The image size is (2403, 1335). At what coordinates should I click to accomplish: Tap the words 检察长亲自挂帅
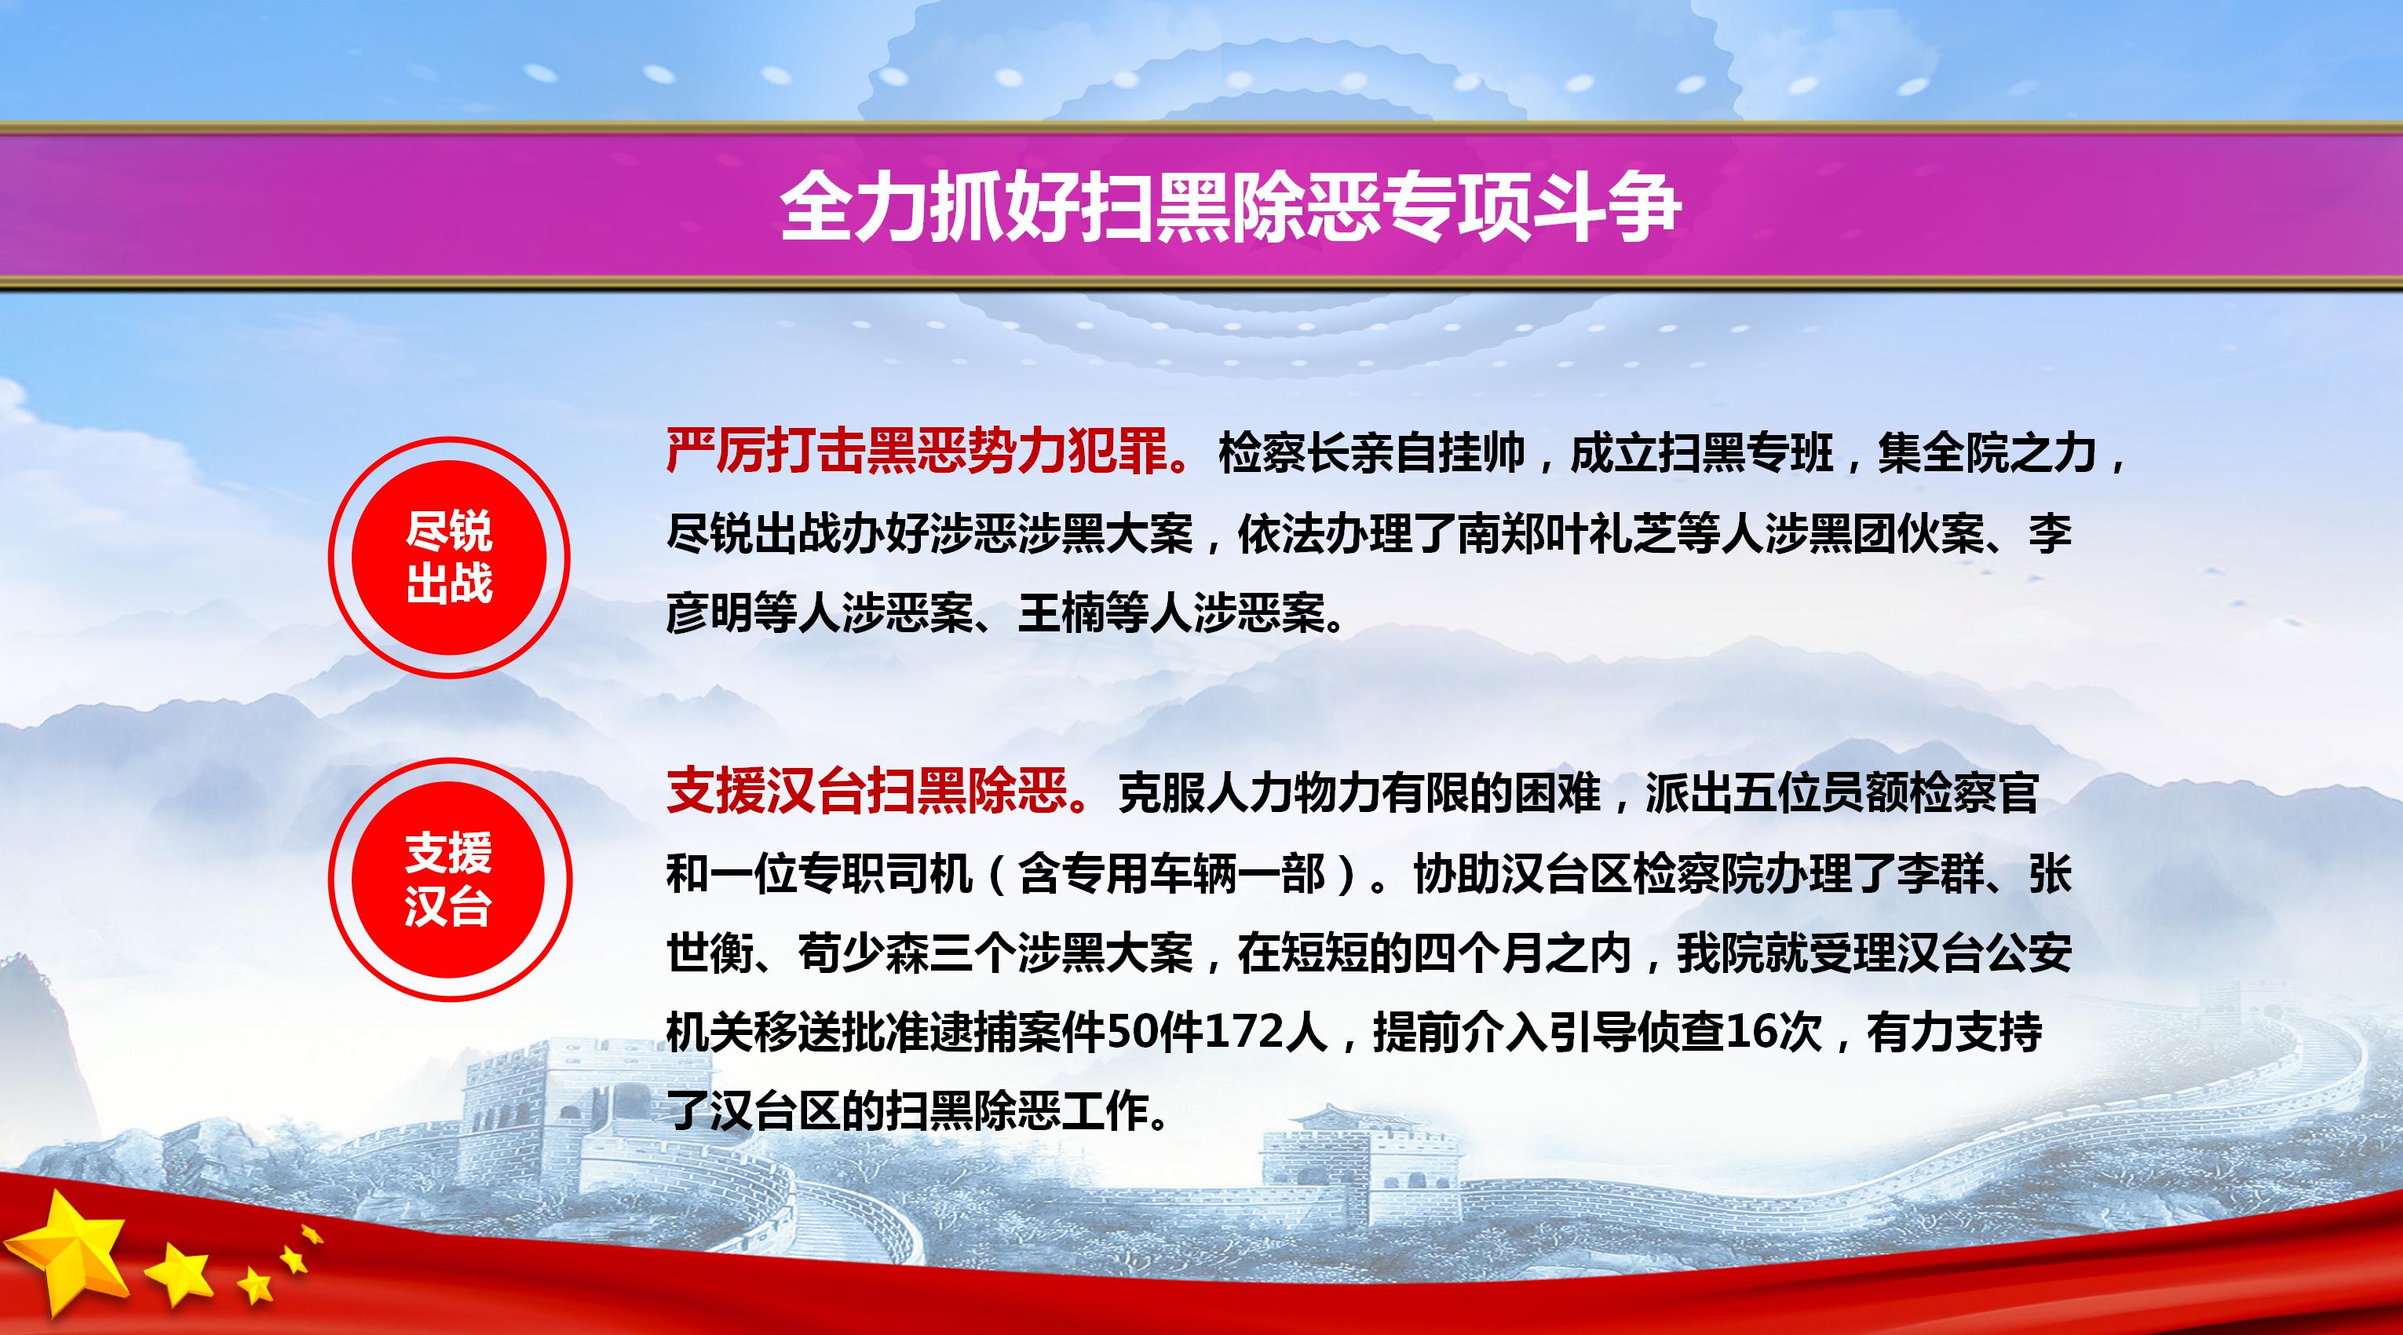click(1371, 453)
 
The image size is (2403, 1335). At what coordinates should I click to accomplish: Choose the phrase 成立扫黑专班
click(1701, 453)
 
